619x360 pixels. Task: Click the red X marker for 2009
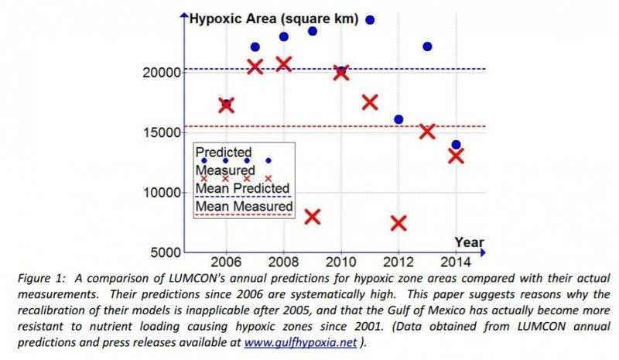[313, 216]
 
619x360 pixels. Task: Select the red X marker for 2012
[398, 223]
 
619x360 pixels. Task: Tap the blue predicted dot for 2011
[370, 19]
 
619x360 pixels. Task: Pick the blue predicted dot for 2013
[427, 46]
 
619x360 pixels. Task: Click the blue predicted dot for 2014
[456, 145]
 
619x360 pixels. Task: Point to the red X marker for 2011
[370, 102]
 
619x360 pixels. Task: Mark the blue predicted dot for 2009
[313, 31]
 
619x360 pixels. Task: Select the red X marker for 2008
[284, 63]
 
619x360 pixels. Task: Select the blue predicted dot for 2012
[398, 119]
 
